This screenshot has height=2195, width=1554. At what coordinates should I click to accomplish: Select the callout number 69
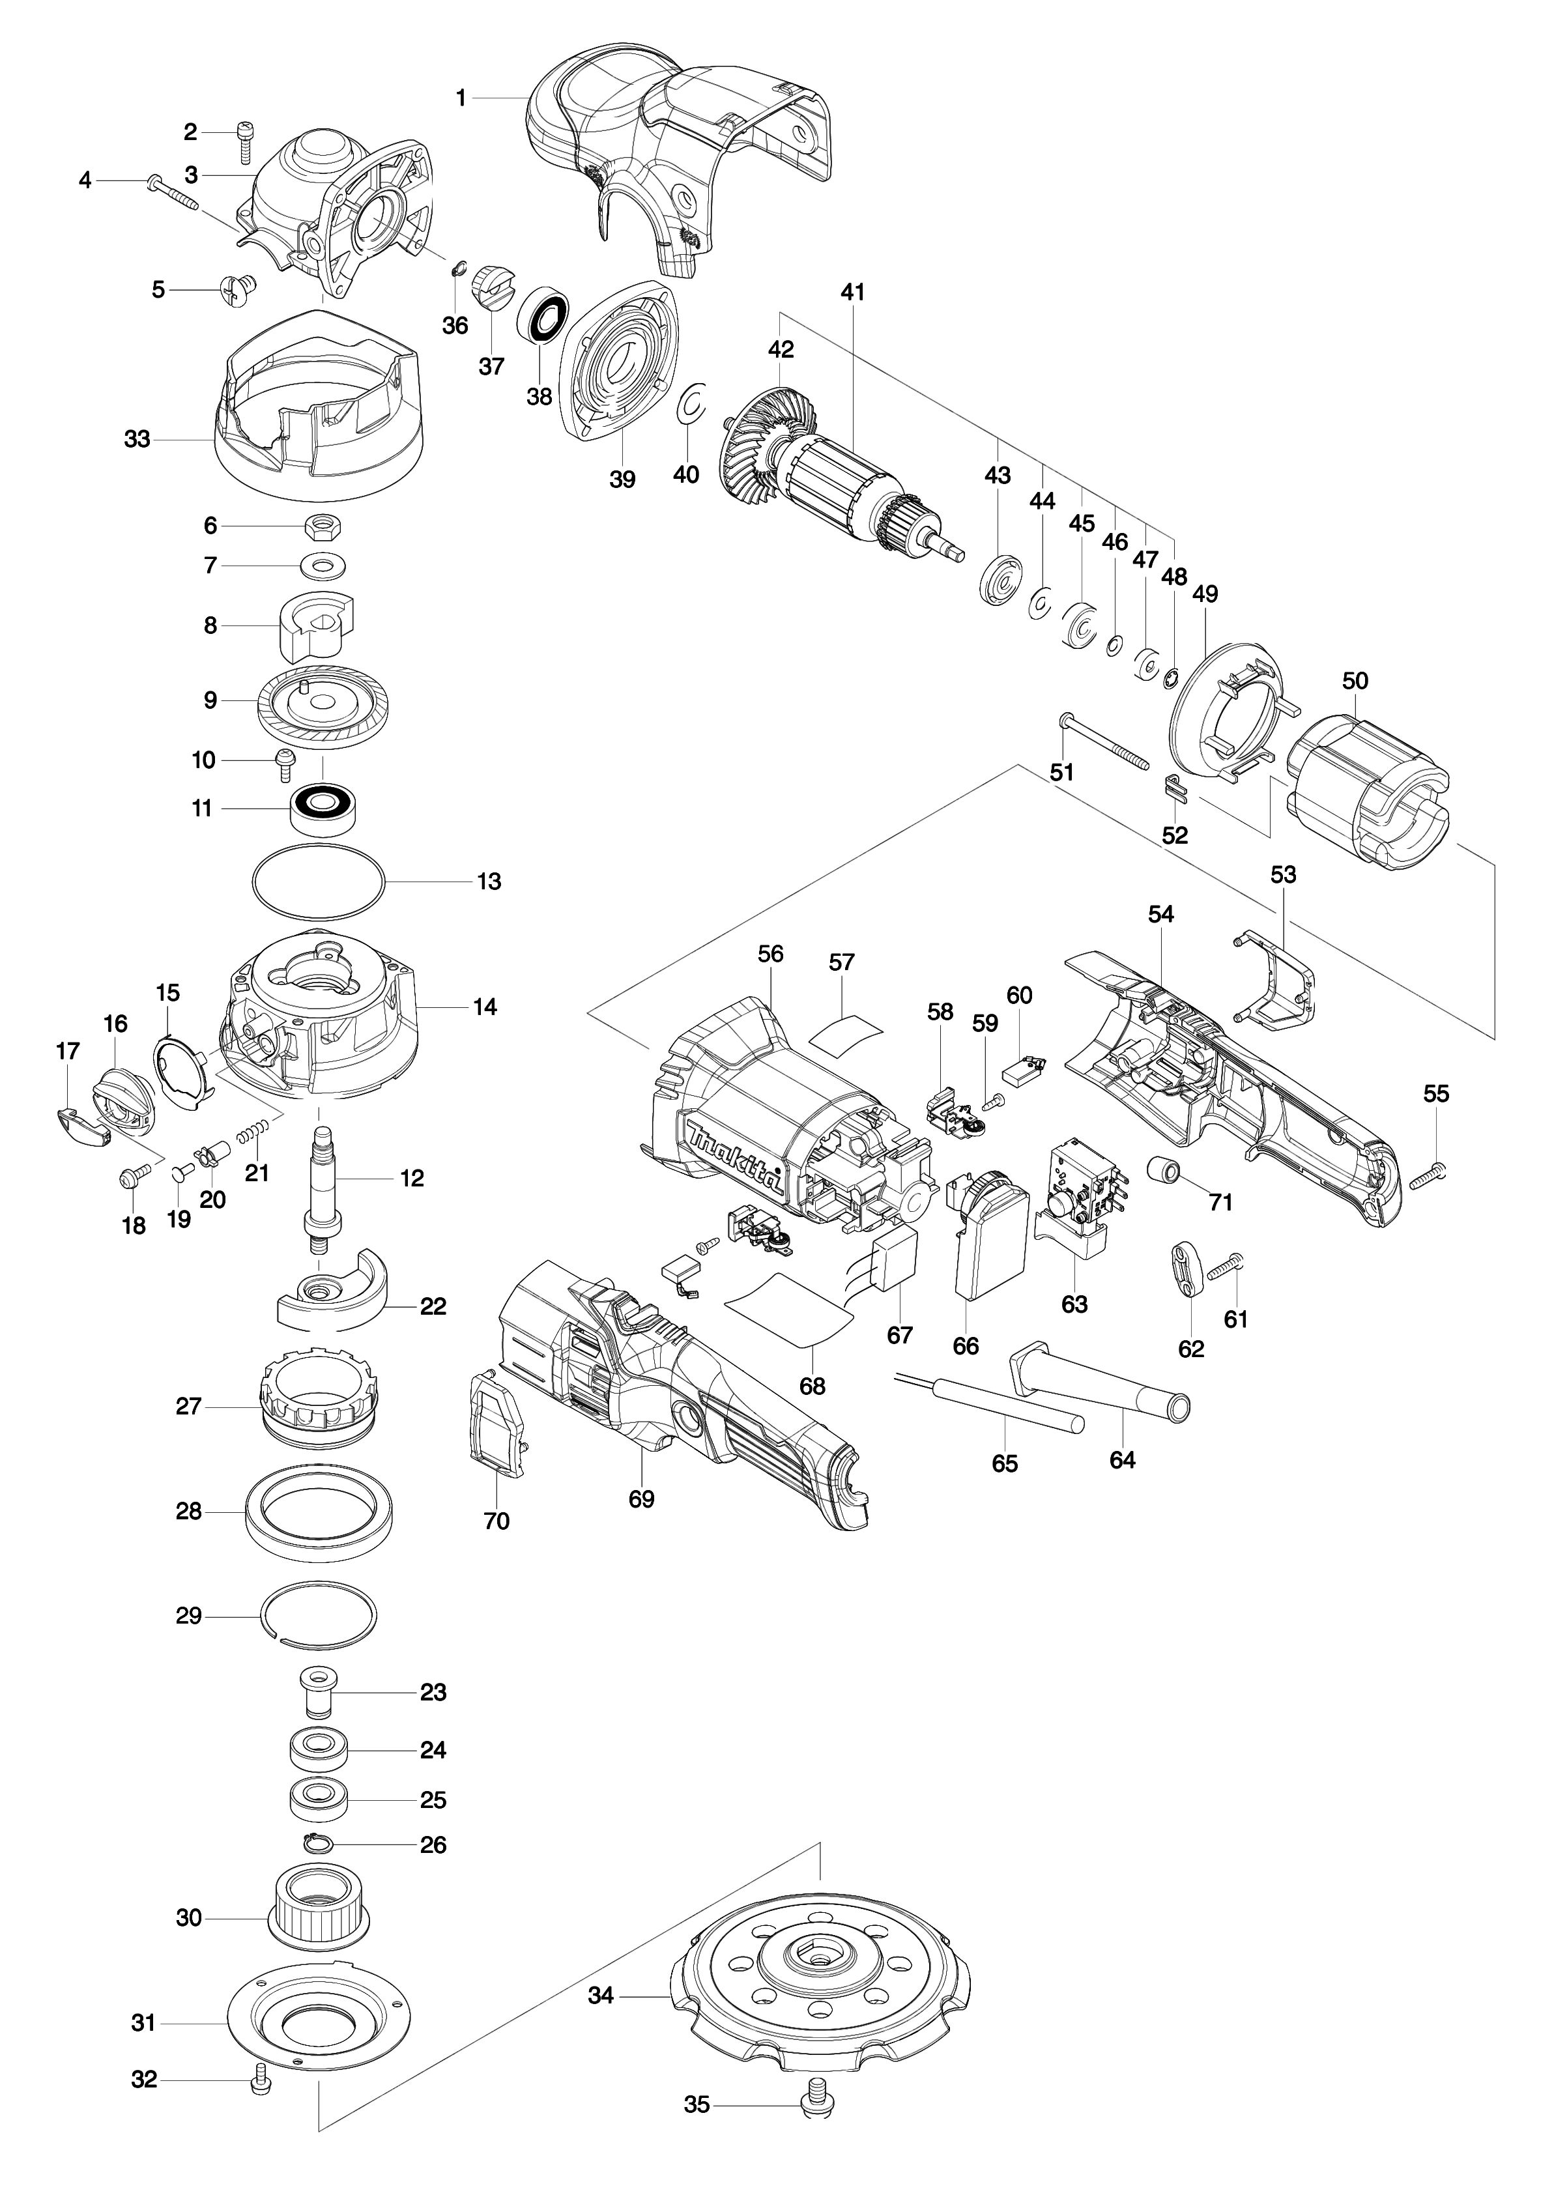pyautogui.click(x=641, y=1499)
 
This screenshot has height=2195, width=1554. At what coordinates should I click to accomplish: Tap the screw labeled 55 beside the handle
pyautogui.click(x=1428, y=1173)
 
